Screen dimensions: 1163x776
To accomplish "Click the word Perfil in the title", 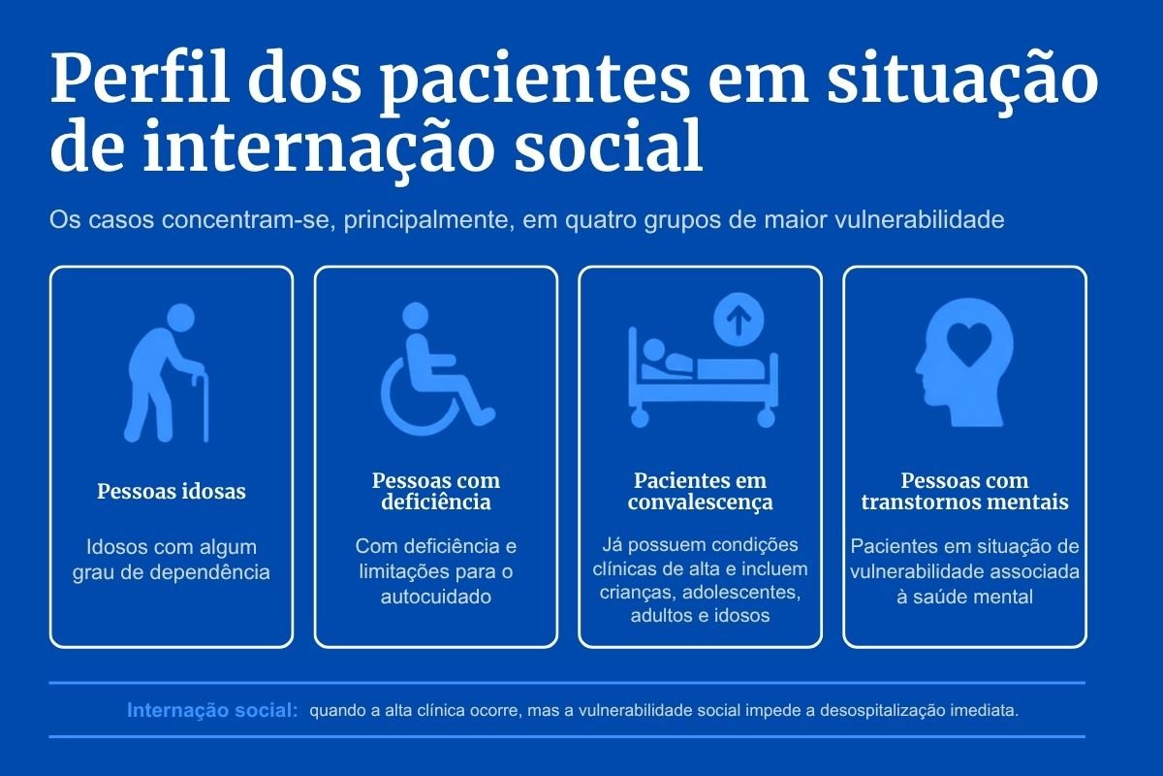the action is point(140,79).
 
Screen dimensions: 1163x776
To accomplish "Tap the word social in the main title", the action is point(609,146).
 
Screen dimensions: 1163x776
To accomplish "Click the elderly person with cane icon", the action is point(166,372).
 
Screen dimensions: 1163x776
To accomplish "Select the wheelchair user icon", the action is point(438,369).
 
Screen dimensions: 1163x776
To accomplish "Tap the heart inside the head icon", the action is point(969,344).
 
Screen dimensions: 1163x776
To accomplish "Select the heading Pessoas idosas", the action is point(172,491).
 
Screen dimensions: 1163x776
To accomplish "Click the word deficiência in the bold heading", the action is point(436,502).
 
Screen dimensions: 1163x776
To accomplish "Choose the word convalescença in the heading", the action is point(700,502).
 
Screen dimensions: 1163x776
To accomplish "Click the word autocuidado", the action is point(436,597).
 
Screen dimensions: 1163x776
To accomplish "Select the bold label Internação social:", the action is point(212,710).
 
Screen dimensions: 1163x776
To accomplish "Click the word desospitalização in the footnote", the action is point(883,710).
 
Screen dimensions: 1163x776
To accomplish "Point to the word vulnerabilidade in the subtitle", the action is point(919,219).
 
